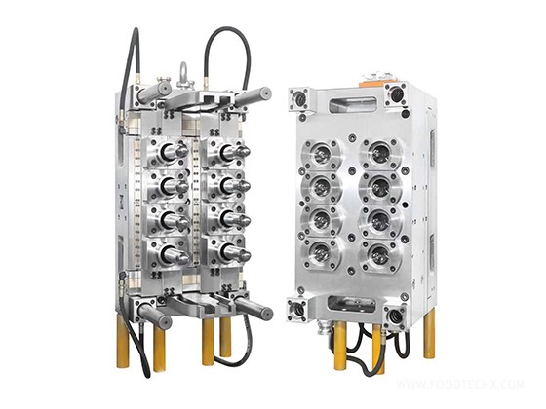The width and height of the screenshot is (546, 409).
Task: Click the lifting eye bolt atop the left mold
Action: (182, 73)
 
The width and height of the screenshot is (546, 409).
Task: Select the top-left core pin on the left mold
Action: (173, 151)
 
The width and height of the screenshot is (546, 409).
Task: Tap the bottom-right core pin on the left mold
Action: (232, 252)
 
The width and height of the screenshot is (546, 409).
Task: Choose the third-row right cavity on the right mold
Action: (379, 223)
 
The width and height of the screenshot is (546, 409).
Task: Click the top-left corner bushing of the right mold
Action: (297, 97)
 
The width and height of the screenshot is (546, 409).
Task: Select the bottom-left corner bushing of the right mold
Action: (297, 311)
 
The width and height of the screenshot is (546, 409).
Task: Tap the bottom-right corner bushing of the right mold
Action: (396, 316)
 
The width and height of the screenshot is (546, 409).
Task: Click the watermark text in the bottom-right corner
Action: (487, 387)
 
